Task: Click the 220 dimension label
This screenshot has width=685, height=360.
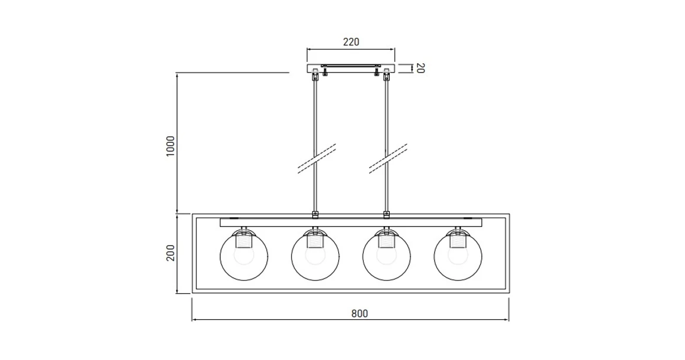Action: point(351,42)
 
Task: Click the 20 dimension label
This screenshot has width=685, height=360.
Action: point(420,68)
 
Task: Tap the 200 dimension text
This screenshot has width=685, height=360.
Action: point(170,254)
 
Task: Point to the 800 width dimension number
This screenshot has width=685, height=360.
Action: point(359,314)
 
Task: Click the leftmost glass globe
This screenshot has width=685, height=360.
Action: point(244,258)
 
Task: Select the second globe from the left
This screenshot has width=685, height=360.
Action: point(315,258)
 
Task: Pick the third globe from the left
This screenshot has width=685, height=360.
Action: point(386,258)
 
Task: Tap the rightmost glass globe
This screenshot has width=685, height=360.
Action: point(458,258)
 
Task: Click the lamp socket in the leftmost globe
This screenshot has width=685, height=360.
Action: point(244,241)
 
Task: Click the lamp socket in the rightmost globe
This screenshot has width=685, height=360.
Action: point(458,241)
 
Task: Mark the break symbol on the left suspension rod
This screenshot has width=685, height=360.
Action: point(317,158)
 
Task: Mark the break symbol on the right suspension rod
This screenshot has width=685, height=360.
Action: point(388,158)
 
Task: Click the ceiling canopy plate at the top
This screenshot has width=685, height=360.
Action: point(351,68)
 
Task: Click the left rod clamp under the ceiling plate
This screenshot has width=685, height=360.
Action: point(315,76)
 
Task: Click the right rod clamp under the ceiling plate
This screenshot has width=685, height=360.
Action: point(387,76)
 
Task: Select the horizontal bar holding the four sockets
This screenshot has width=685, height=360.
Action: point(351,222)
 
